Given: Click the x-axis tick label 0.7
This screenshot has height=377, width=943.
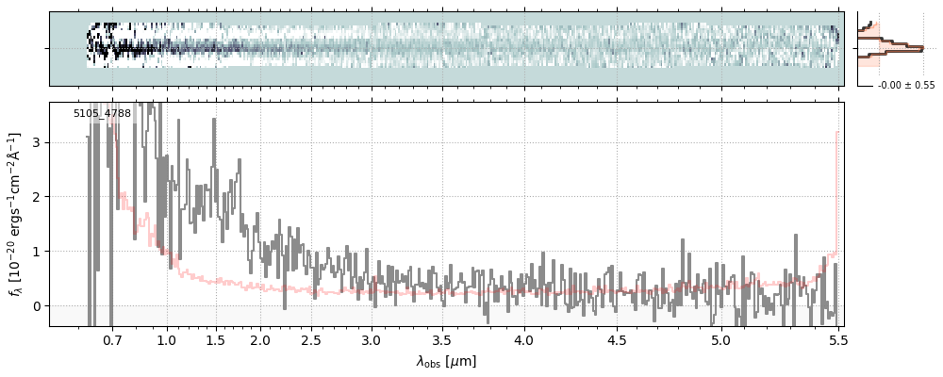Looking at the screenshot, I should pyautogui.click(x=112, y=339).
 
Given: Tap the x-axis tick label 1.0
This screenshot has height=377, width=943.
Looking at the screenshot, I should pyautogui.click(x=167, y=339).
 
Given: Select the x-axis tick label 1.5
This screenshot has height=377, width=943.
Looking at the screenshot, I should pyautogui.click(x=215, y=339).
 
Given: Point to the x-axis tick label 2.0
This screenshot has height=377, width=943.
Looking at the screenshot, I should pyautogui.click(x=260, y=339).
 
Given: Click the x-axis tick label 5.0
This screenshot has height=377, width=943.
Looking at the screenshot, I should pyautogui.click(x=720, y=339).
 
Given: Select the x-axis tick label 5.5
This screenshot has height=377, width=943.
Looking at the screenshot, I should pyautogui.click(x=836, y=339).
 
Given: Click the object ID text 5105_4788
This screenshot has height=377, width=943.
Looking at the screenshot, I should pyautogui.click(x=102, y=114).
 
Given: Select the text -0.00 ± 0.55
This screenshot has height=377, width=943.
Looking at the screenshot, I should pyautogui.click(x=906, y=86).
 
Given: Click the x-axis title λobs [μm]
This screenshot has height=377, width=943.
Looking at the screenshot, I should pyautogui.click(x=446, y=361).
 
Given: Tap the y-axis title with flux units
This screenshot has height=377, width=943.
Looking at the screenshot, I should pyautogui.click(x=16, y=214).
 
